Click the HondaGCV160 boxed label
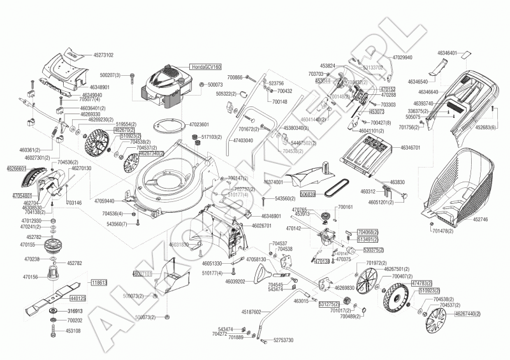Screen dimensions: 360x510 204,66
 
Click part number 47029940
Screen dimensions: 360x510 399,57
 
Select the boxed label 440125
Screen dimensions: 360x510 77,298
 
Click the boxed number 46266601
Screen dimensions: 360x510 16,168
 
